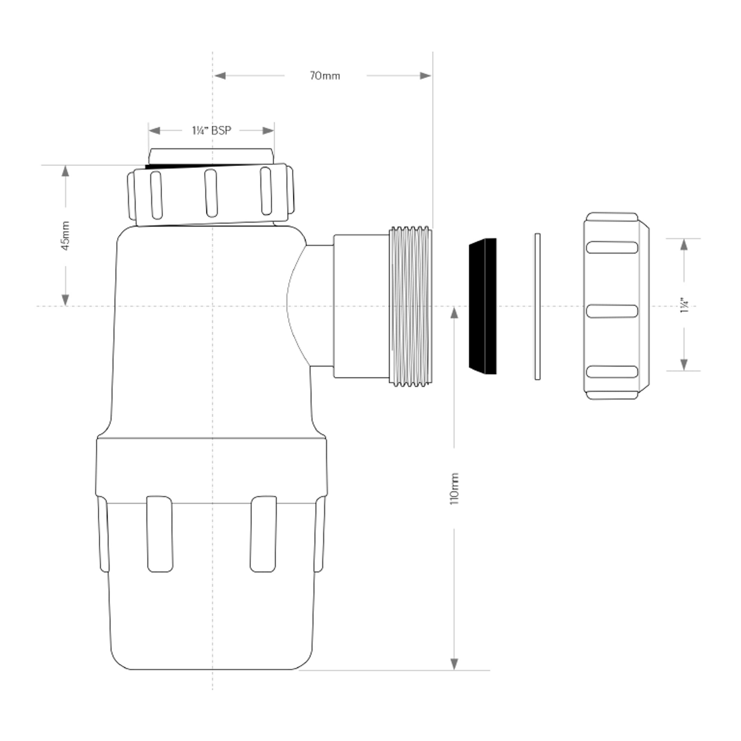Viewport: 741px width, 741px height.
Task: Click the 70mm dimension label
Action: point(325,76)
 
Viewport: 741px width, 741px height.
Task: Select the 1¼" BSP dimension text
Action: point(211,130)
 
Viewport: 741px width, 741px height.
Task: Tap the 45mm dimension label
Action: point(66,236)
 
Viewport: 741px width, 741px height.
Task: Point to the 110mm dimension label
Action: point(454,488)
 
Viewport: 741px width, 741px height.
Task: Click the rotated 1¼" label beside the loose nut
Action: point(684,305)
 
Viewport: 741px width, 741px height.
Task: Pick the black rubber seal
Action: point(483,306)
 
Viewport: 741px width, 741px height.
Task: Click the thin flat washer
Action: point(537,307)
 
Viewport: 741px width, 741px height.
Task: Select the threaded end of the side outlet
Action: point(411,306)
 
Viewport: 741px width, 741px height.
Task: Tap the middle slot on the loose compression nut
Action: point(612,311)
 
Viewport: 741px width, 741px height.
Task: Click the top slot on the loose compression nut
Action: point(612,247)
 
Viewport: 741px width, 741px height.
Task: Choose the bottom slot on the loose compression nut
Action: point(612,372)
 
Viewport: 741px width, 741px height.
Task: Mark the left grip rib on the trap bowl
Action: point(160,534)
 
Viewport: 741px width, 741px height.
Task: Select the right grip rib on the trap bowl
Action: point(263,534)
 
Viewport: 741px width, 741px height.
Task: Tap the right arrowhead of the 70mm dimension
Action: point(425,76)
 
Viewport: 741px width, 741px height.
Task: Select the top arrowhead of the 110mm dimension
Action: point(454,312)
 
